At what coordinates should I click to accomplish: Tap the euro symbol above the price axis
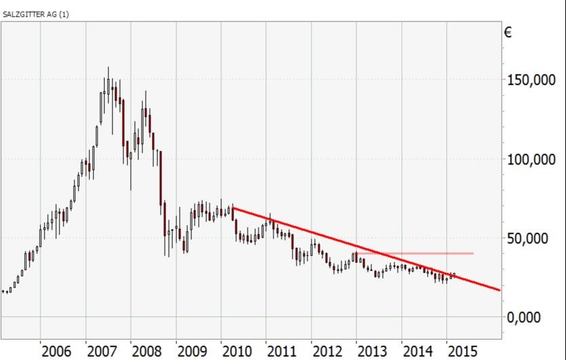pos(508,32)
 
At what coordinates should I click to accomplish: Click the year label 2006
pos(56,351)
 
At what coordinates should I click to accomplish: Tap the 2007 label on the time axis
pos(102,351)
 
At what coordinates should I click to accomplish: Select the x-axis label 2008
pos(147,351)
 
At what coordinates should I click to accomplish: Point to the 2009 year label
pos(192,351)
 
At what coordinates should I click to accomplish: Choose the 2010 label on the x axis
pos(237,351)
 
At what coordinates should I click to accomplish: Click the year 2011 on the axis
pos(282,351)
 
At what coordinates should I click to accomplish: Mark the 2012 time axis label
pos(327,351)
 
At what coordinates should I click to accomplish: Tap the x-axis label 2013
pos(372,351)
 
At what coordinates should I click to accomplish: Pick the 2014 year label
pos(418,351)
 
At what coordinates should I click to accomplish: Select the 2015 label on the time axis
pos(463,351)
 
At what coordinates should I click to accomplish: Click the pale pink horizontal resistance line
pos(435,253)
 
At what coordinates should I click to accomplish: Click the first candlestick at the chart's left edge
pos(4,291)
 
